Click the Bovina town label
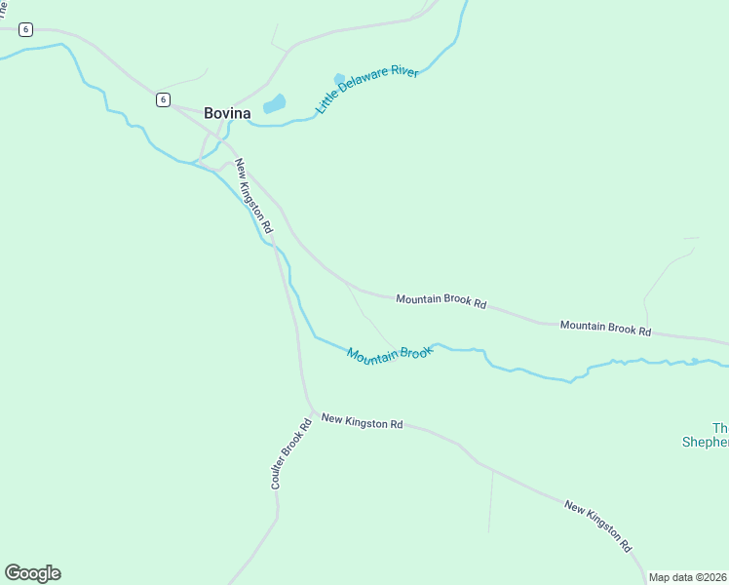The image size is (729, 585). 227,113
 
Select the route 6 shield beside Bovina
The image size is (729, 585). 163,99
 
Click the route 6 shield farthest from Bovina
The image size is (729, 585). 25,30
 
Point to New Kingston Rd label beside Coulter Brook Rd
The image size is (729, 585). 362,422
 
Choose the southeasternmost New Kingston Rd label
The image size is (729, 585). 598,526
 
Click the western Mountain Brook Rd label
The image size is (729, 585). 441,300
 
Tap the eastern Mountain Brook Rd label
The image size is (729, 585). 605,328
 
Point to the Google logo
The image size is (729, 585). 32,573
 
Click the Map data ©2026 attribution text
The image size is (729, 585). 688,577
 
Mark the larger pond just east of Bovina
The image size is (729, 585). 275,103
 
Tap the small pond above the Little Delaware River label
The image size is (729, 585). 339,79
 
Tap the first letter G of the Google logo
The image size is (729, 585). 13,573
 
